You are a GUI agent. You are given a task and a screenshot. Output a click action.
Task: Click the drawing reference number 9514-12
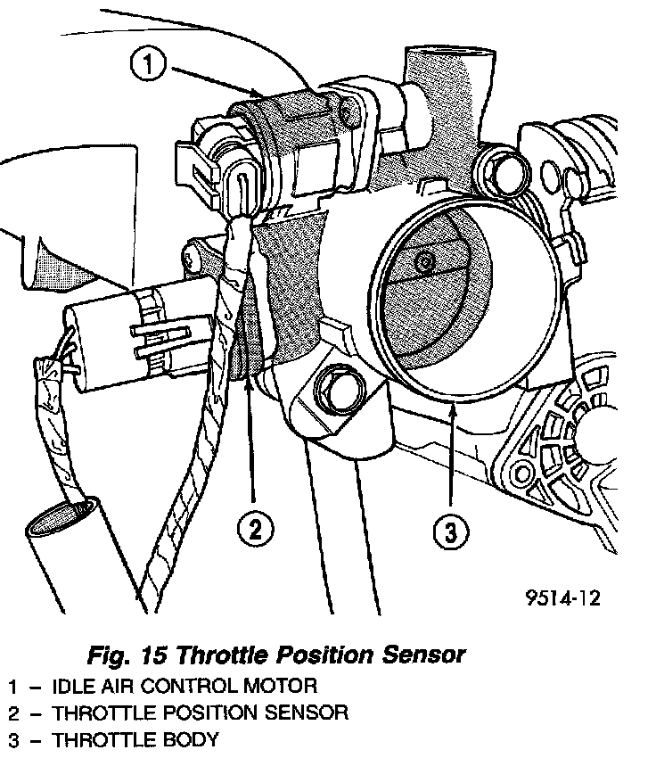pyautogui.click(x=562, y=597)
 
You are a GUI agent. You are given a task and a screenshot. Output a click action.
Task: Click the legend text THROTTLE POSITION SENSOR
pyautogui.click(x=200, y=713)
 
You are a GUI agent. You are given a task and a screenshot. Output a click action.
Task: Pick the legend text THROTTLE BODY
pyautogui.click(x=135, y=740)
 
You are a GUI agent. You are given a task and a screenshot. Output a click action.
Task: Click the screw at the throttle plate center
pyautogui.click(x=426, y=262)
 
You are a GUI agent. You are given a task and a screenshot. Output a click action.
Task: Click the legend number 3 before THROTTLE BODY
pyautogui.click(x=12, y=740)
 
